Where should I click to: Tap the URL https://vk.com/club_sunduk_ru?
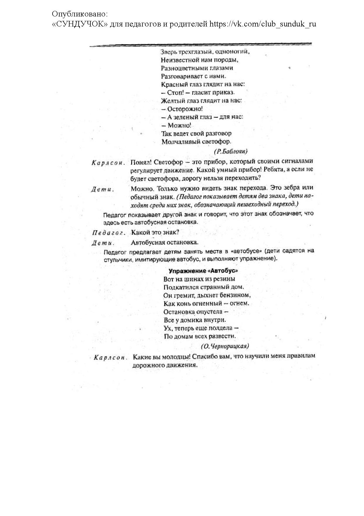click(263, 24)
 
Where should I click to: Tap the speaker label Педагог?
click(109, 233)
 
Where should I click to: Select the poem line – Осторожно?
click(182, 109)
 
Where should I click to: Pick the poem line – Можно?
click(176, 126)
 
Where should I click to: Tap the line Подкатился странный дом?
click(204, 287)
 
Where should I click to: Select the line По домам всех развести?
click(200, 336)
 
